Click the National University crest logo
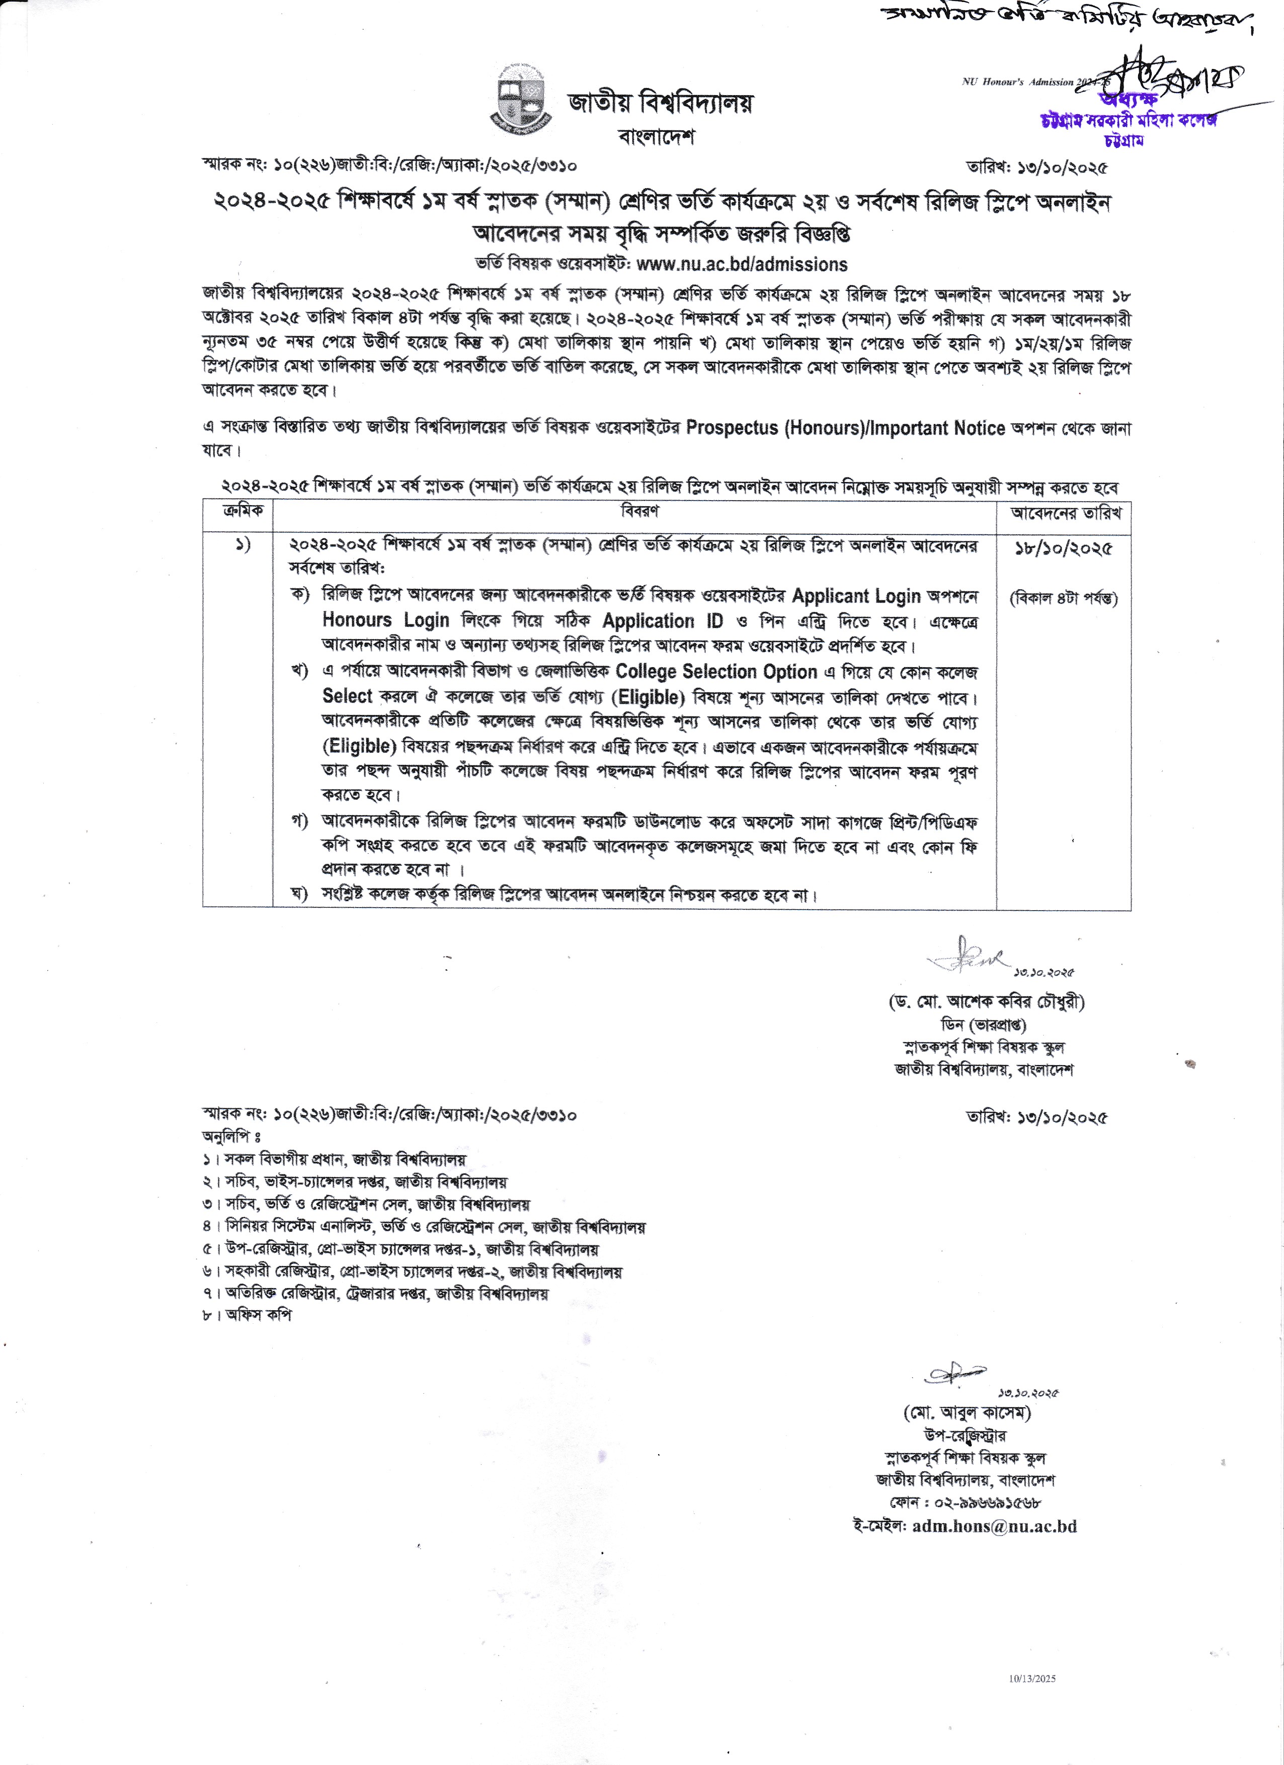click(521, 102)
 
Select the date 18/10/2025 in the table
click(1063, 548)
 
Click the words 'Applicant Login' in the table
click(856, 596)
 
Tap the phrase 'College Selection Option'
click(716, 672)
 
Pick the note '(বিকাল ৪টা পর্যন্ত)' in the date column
click(1063, 598)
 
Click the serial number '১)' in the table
click(244, 545)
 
